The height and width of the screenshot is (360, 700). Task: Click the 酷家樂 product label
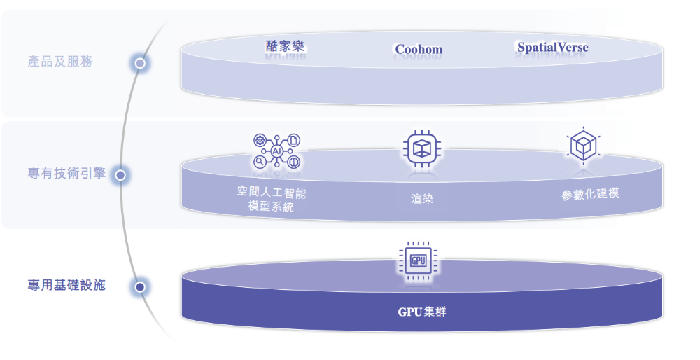[285, 47]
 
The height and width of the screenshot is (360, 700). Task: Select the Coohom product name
[419, 49]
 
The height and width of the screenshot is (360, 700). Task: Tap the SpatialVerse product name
[552, 48]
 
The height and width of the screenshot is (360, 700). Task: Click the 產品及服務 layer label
[60, 62]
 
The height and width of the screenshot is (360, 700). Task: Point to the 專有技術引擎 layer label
[66, 173]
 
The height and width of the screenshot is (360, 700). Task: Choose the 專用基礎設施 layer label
[66, 285]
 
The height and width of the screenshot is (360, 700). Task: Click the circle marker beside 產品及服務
[140, 63]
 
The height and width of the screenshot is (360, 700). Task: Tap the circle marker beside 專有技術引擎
[120, 174]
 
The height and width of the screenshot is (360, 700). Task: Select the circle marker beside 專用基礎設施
[140, 286]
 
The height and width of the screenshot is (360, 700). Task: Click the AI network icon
[276, 151]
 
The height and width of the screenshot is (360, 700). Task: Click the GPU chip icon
[418, 261]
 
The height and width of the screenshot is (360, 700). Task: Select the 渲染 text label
[422, 198]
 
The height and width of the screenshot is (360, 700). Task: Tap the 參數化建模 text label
[590, 194]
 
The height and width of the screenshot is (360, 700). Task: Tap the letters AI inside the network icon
[276, 151]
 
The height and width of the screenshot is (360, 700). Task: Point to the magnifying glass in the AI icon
[260, 161]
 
